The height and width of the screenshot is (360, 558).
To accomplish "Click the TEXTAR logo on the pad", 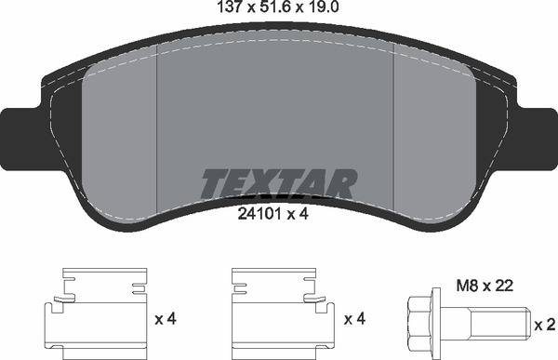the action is point(279,183).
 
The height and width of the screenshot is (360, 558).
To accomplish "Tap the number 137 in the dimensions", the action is point(231,7).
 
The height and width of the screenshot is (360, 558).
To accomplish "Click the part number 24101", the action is point(259,214).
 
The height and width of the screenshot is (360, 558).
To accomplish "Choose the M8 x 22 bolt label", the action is point(485,286).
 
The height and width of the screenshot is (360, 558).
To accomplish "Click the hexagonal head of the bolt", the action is point(420,324).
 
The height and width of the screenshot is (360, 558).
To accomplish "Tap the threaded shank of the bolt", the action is point(500,324).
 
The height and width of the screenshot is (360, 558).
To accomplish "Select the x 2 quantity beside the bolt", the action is point(545,325).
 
